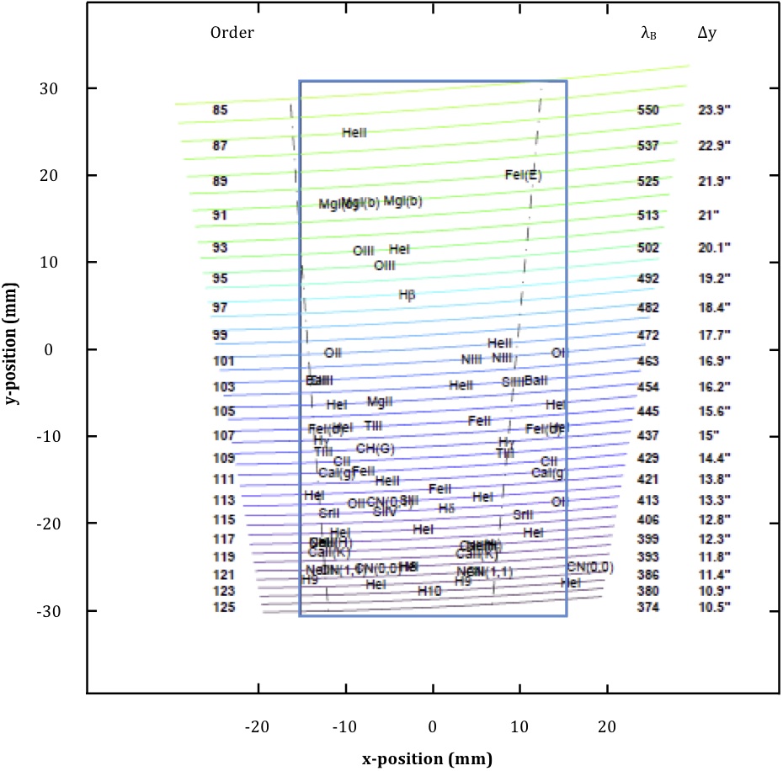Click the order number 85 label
220,109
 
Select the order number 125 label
223,607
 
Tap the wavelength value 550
648,109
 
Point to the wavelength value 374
648,607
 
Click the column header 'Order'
232,33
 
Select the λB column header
649,34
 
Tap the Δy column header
708,33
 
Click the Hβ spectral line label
407,295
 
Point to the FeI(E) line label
523,174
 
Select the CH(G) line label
376,448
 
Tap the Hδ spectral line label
446,508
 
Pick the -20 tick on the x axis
258,726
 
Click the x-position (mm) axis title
427,758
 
